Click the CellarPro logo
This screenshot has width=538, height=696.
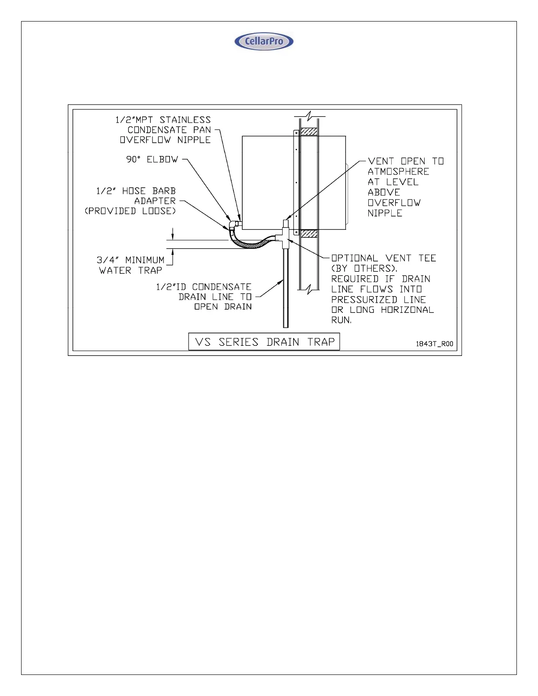coord(264,42)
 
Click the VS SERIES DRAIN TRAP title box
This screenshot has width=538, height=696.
coord(264,341)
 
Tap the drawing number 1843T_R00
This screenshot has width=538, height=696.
coord(434,344)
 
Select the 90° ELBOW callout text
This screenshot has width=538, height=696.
coord(152,159)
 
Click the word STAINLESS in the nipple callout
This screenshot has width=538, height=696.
coord(185,120)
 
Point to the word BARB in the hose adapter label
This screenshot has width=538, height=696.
coord(164,191)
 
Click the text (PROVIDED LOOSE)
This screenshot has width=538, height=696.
coord(130,211)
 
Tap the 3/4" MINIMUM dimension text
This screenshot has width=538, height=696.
coord(131,260)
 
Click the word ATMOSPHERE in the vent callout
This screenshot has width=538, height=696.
coord(398,171)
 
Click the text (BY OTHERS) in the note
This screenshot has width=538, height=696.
coord(364,268)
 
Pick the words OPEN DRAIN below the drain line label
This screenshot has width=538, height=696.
coord(223,307)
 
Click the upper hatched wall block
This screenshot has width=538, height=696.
coord(309,131)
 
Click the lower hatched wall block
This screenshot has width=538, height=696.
coord(309,233)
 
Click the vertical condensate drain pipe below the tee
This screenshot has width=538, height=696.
coord(286,290)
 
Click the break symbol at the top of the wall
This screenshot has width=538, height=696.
coord(310,116)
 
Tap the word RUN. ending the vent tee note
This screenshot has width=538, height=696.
coord(342,320)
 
